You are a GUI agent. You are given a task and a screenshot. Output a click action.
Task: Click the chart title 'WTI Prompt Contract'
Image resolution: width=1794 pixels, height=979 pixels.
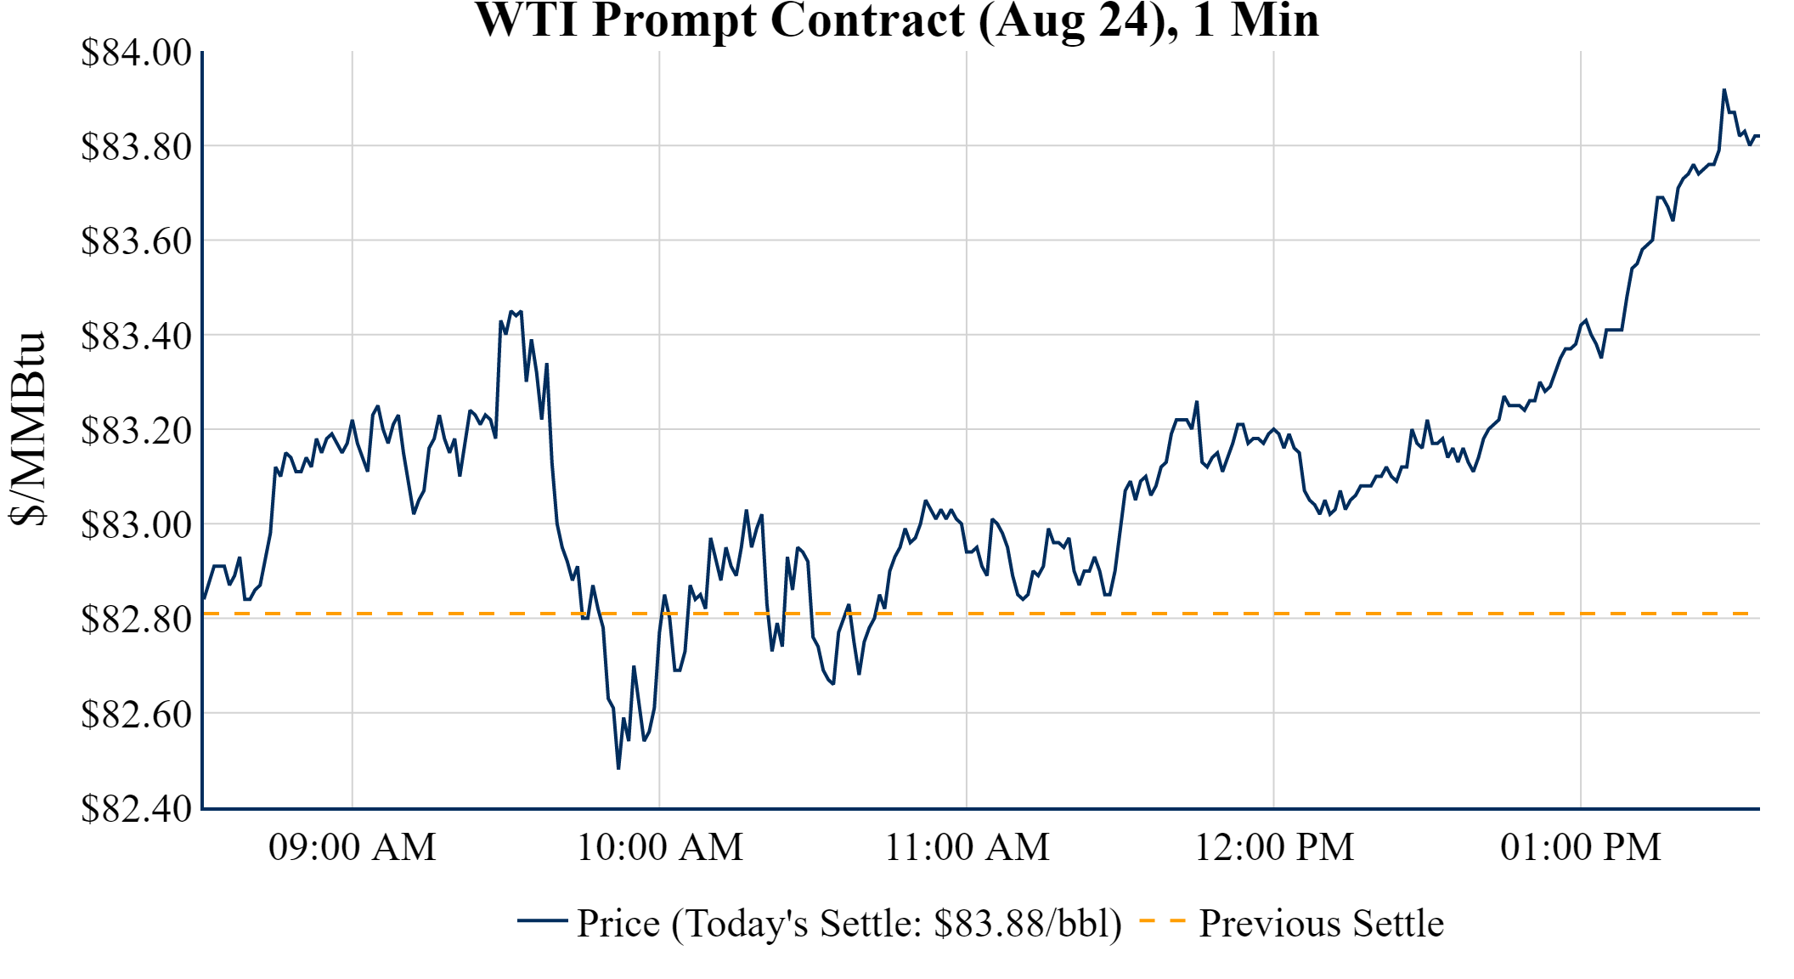pyautogui.click(x=896, y=20)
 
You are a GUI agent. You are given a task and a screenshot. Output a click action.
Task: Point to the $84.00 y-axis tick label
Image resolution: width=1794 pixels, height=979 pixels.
pyautogui.click(x=136, y=53)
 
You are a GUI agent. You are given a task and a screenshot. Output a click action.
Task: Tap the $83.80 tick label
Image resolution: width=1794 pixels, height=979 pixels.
pyautogui.click(x=136, y=147)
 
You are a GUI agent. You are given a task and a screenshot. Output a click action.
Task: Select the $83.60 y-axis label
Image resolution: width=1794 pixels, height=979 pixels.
pyautogui.click(x=136, y=241)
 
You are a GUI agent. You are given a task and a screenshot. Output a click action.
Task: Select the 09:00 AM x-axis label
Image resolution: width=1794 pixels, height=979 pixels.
pyautogui.click(x=353, y=847)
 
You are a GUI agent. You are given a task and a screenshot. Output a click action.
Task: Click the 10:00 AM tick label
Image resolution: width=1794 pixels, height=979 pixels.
pyautogui.click(x=660, y=847)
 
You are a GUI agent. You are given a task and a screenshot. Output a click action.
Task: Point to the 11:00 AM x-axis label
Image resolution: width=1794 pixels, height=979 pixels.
pyautogui.click(x=968, y=847)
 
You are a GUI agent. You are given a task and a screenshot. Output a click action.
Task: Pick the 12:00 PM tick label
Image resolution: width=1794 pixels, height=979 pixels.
pyautogui.click(x=1274, y=847)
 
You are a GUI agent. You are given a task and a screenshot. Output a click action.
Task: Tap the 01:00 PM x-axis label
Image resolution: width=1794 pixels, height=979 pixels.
pyautogui.click(x=1581, y=847)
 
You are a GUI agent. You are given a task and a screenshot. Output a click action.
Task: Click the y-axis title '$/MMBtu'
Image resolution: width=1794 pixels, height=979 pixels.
pyautogui.click(x=28, y=429)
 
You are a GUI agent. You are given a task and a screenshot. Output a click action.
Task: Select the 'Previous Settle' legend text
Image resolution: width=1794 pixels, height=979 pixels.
pyautogui.click(x=1321, y=924)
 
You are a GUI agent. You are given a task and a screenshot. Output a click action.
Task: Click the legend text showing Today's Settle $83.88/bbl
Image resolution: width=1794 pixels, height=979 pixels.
pyautogui.click(x=849, y=924)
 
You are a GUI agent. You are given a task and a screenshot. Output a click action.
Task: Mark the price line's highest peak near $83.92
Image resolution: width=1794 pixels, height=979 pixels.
pyautogui.click(x=1723, y=90)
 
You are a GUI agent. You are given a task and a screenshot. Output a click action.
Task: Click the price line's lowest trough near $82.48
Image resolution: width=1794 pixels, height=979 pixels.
pyautogui.click(x=618, y=768)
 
